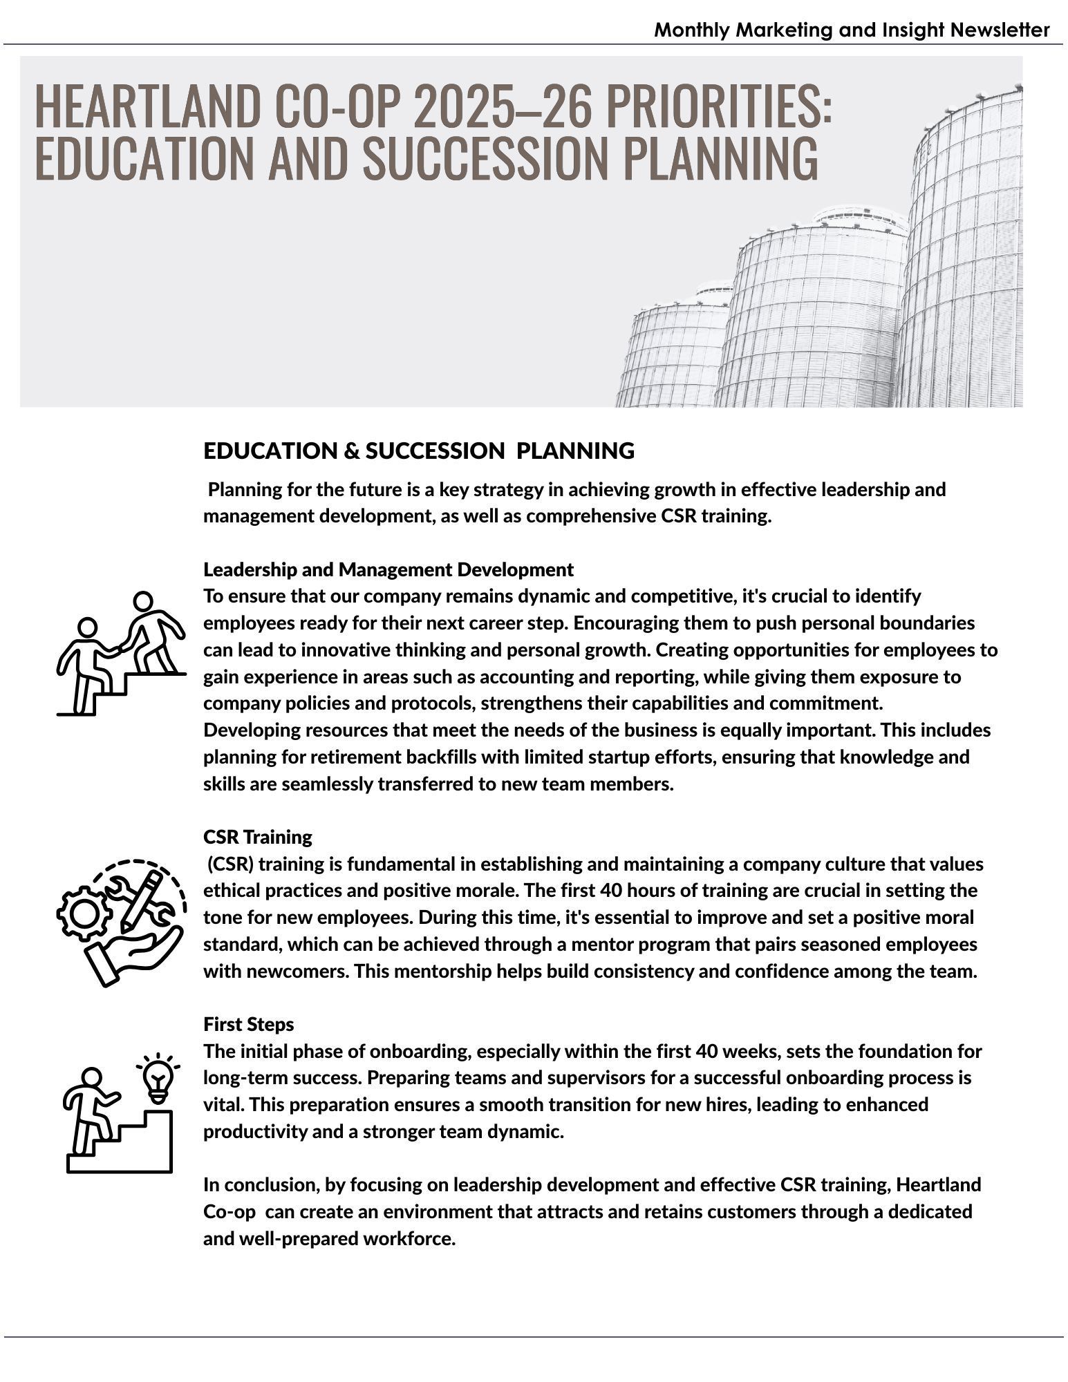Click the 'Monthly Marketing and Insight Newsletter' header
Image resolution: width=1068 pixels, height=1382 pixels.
click(x=851, y=30)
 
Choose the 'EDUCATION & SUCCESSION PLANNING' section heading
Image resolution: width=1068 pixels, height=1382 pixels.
click(x=418, y=451)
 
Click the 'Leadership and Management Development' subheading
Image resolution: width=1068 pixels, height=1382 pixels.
click(x=388, y=569)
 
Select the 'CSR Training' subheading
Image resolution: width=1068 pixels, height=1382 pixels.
click(x=257, y=837)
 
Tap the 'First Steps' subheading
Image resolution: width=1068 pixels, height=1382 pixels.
click(x=248, y=1024)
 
